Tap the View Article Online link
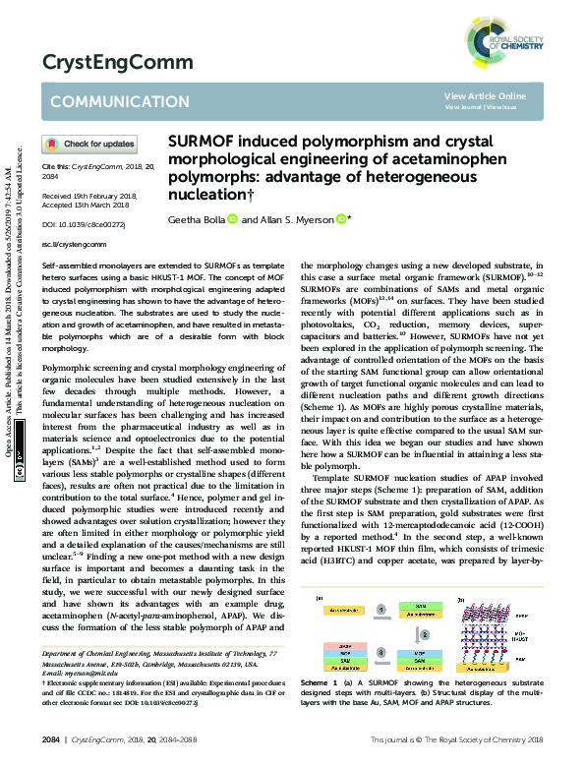485,95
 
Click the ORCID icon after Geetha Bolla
232,218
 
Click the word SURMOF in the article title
207,141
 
